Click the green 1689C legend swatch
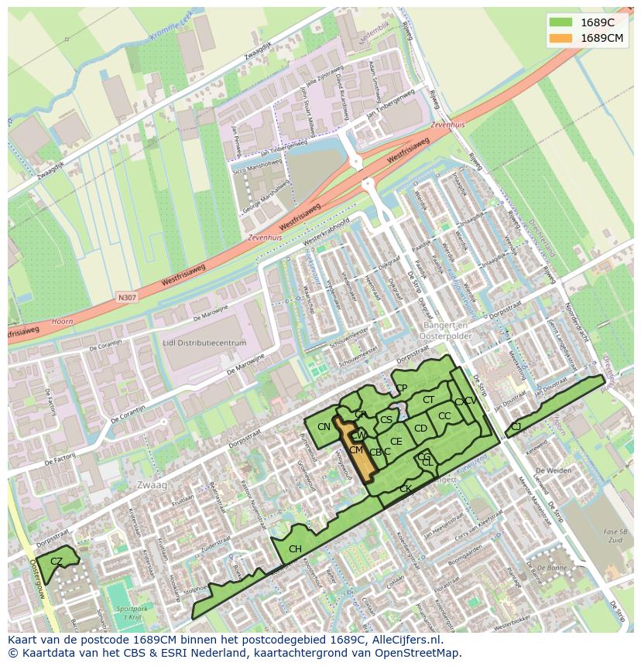click(561, 22)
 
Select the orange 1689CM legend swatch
click(561, 38)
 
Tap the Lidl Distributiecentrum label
click(204, 343)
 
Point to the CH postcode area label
click(295, 549)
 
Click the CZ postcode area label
click(57, 561)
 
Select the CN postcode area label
click(324, 427)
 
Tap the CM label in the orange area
click(356, 450)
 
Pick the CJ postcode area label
click(516, 426)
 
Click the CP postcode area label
click(401, 388)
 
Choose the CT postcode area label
click(428, 400)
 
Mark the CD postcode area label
click(420, 429)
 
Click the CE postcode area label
click(396, 442)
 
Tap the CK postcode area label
click(405, 489)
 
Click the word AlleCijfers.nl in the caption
click(406, 640)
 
